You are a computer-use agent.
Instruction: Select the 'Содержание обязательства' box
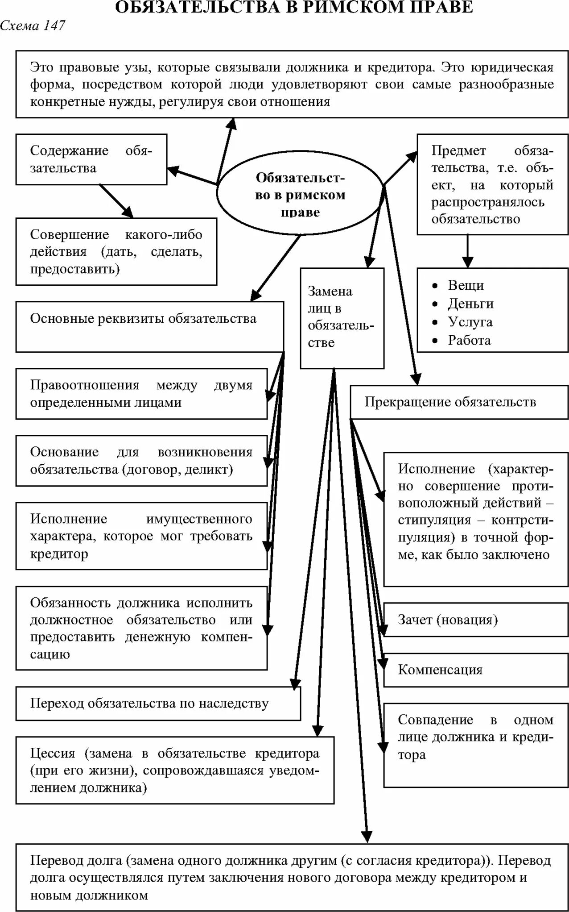91,159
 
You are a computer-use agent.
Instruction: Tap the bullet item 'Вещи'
466,285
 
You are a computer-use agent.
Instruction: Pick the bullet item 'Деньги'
470,304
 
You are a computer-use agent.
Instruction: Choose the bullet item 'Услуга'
470,322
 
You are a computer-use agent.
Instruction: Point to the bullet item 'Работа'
469,340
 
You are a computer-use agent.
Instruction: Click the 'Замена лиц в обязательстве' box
342,317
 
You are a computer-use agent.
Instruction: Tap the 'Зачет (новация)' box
448,620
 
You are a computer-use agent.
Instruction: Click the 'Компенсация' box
440,670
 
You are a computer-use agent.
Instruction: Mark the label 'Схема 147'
32,26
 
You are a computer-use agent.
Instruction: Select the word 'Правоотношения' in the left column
85,385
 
